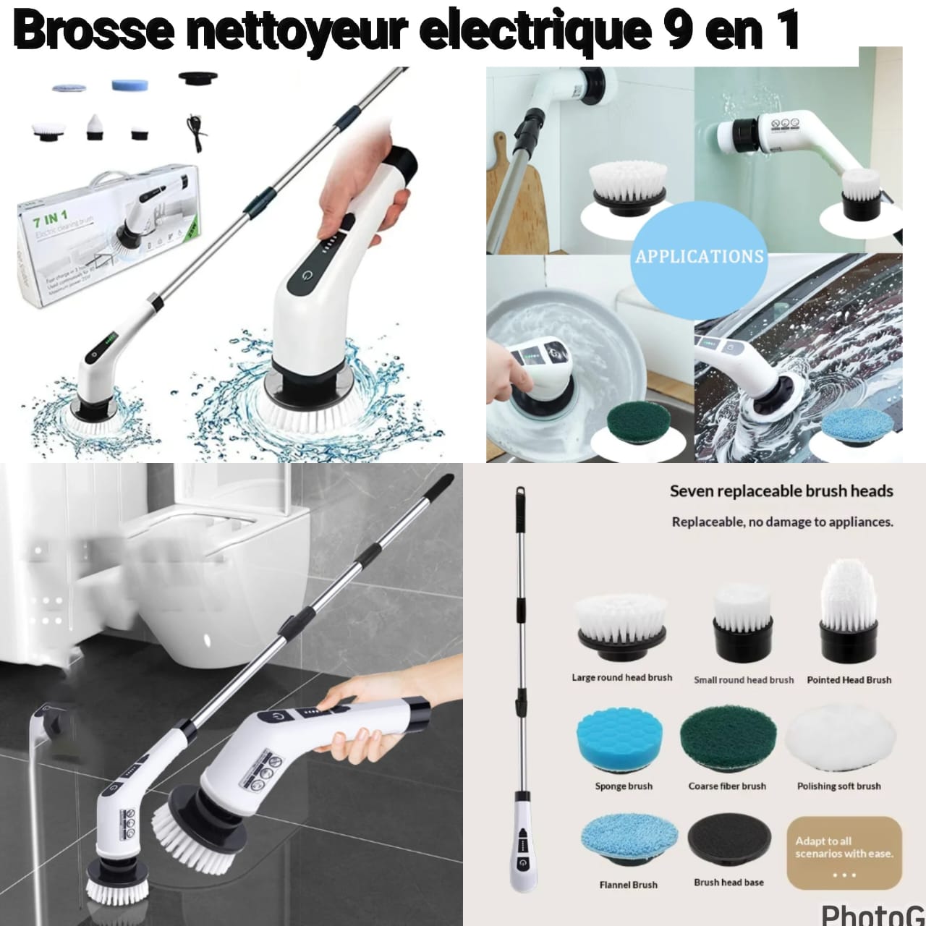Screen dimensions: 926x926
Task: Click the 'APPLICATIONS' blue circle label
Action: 699,256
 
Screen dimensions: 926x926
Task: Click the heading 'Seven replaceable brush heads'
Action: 781,491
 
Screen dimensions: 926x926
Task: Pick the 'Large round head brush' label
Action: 621,678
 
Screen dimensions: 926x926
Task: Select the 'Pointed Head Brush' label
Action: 849,680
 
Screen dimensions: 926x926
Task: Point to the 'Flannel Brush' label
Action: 628,885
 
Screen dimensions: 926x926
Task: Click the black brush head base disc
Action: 729,841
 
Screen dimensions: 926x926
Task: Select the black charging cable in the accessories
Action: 194,131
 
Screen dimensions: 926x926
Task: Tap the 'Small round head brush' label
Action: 743,680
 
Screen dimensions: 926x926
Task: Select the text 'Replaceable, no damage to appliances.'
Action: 782,522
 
